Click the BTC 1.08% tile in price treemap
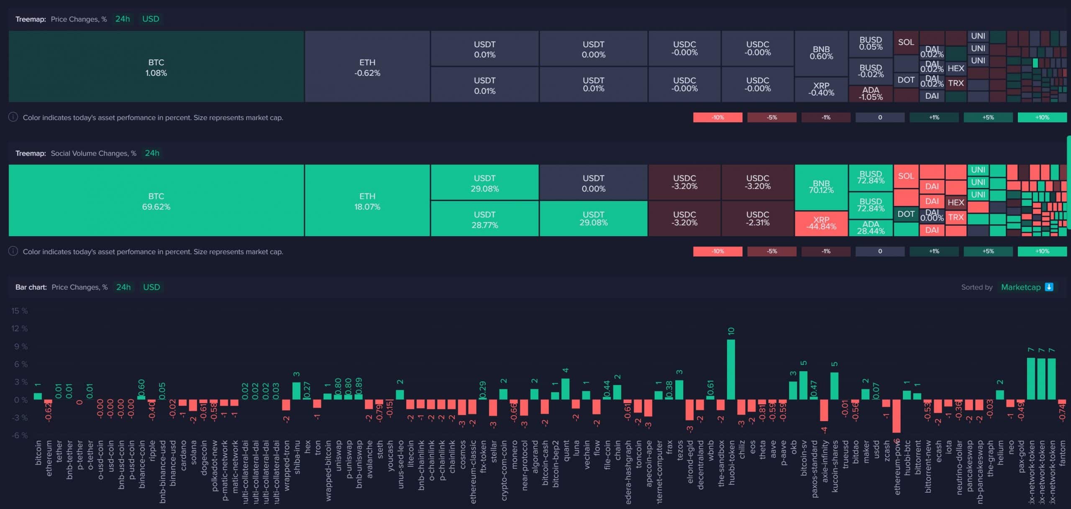[156, 67]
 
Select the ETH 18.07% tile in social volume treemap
[367, 201]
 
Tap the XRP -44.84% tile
[821, 224]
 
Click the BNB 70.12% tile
[821, 187]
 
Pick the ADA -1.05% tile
[870, 94]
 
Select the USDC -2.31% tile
[757, 219]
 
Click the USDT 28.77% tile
[484, 219]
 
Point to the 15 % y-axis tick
[20, 311]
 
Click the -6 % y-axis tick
[20, 435]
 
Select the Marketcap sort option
[1020, 287]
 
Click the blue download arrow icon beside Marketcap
[1049, 287]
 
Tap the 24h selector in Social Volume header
[152, 153]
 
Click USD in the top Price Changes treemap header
[151, 19]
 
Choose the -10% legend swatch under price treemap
[717, 118]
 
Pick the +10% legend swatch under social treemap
[1042, 252]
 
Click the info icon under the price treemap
[13, 117]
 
